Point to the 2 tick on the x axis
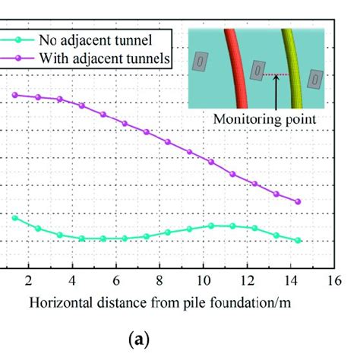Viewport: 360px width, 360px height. pos(28,279)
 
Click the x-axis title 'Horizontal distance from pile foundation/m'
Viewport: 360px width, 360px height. pos(160,303)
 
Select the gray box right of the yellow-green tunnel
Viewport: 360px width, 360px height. pos(317,79)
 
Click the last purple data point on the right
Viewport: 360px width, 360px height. pos(298,202)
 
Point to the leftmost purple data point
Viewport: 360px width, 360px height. pos(15,95)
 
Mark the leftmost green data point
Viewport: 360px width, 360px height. pos(15,218)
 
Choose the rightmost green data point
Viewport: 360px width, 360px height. pos(298,240)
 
